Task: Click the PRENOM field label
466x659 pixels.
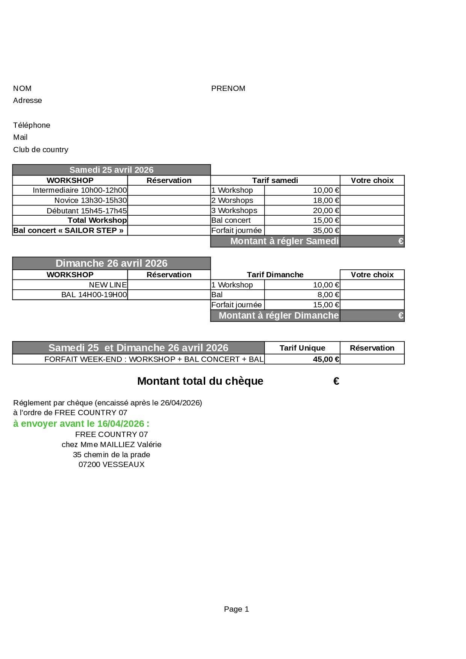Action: (x=228, y=88)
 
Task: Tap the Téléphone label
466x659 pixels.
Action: (x=32, y=125)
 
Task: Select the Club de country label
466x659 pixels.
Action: (x=41, y=150)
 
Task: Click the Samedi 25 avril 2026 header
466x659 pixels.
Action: (x=111, y=170)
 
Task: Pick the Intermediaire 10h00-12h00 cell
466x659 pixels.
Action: (x=80, y=190)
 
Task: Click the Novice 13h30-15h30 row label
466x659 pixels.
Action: (x=91, y=200)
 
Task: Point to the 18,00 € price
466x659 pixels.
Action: (x=326, y=200)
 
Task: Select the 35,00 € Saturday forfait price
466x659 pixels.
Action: (x=326, y=230)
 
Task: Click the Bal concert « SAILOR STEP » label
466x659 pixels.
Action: (x=68, y=230)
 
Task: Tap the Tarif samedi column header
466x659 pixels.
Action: (x=275, y=180)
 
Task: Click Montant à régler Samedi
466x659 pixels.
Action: (x=284, y=241)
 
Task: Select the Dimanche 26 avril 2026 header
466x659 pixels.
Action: (x=111, y=263)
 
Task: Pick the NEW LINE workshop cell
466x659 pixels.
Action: (x=108, y=285)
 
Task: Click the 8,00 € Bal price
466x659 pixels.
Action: (x=328, y=295)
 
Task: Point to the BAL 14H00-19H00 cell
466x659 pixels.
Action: (x=94, y=295)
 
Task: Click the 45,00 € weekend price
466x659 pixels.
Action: (x=326, y=359)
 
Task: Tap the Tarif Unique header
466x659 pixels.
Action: (x=302, y=348)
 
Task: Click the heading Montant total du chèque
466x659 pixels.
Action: (x=200, y=381)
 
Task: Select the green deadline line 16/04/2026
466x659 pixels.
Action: (x=81, y=424)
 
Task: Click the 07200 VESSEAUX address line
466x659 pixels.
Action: (x=111, y=464)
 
